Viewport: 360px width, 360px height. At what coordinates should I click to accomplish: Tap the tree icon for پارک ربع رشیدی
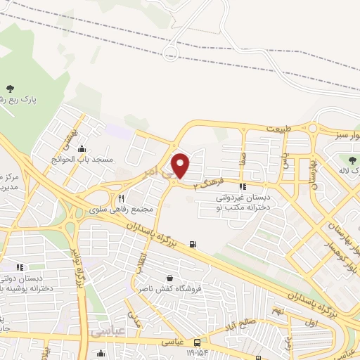point(10,88)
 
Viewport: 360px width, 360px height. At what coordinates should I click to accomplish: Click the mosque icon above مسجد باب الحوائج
point(83,148)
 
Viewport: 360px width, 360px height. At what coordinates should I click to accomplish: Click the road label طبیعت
point(277,128)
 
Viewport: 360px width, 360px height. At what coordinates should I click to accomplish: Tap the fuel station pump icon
point(193,245)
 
